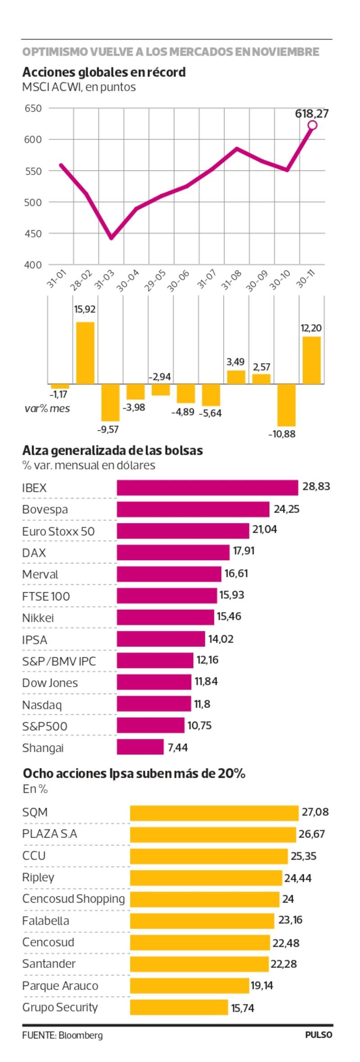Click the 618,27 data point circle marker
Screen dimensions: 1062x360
point(312,125)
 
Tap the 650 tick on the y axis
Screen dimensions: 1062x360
point(33,108)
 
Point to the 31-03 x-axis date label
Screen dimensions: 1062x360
point(104,279)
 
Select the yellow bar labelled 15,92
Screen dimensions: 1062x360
point(85,353)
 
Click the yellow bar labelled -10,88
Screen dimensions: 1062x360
point(286,405)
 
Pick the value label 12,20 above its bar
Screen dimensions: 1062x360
point(311,328)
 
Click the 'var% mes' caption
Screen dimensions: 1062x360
point(47,409)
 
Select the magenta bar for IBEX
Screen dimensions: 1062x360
point(207,488)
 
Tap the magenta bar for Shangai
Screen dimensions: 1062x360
point(140,747)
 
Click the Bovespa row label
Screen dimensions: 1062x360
point(45,509)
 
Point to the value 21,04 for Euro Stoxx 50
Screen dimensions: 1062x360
point(265,529)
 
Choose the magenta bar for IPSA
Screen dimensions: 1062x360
point(161,639)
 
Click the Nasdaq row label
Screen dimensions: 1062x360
point(42,705)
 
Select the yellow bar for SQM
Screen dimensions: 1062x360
point(214,813)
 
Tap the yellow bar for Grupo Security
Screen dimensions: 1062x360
point(179,1008)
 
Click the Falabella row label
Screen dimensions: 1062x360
point(46,921)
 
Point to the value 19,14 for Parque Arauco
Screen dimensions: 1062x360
point(262,985)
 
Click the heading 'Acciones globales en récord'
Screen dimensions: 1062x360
point(104,72)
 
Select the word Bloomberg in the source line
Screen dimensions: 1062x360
point(81,1035)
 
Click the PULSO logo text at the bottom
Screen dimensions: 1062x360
point(319,1035)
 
